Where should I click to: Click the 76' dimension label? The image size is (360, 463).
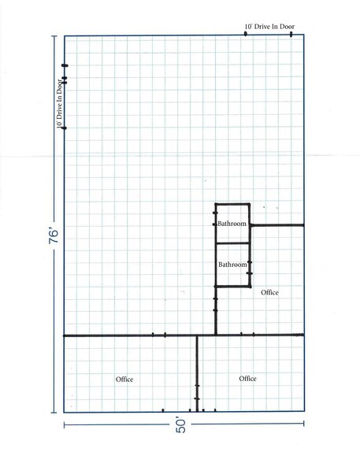(x=51, y=240)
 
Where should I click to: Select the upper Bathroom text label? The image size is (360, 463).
(x=232, y=224)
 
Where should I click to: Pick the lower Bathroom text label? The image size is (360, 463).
(x=232, y=264)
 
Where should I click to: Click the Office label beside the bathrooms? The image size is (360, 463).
(x=269, y=293)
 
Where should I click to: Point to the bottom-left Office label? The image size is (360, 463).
(x=124, y=380)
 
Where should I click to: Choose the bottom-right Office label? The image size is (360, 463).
(x=248, y=379)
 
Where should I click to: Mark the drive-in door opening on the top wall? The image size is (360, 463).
(x=268, y=35)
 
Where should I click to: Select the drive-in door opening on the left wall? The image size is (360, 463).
(x=65, y=96)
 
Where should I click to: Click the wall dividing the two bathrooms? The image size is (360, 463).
(x=232, y=244)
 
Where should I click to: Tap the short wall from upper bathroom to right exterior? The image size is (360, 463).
(x=277, y=225)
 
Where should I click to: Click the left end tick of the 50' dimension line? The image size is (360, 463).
(x=65, y=425)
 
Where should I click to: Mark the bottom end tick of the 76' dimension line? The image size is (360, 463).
(x=53, y=412)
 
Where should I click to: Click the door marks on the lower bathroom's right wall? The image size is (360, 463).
(x=250, y=269)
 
